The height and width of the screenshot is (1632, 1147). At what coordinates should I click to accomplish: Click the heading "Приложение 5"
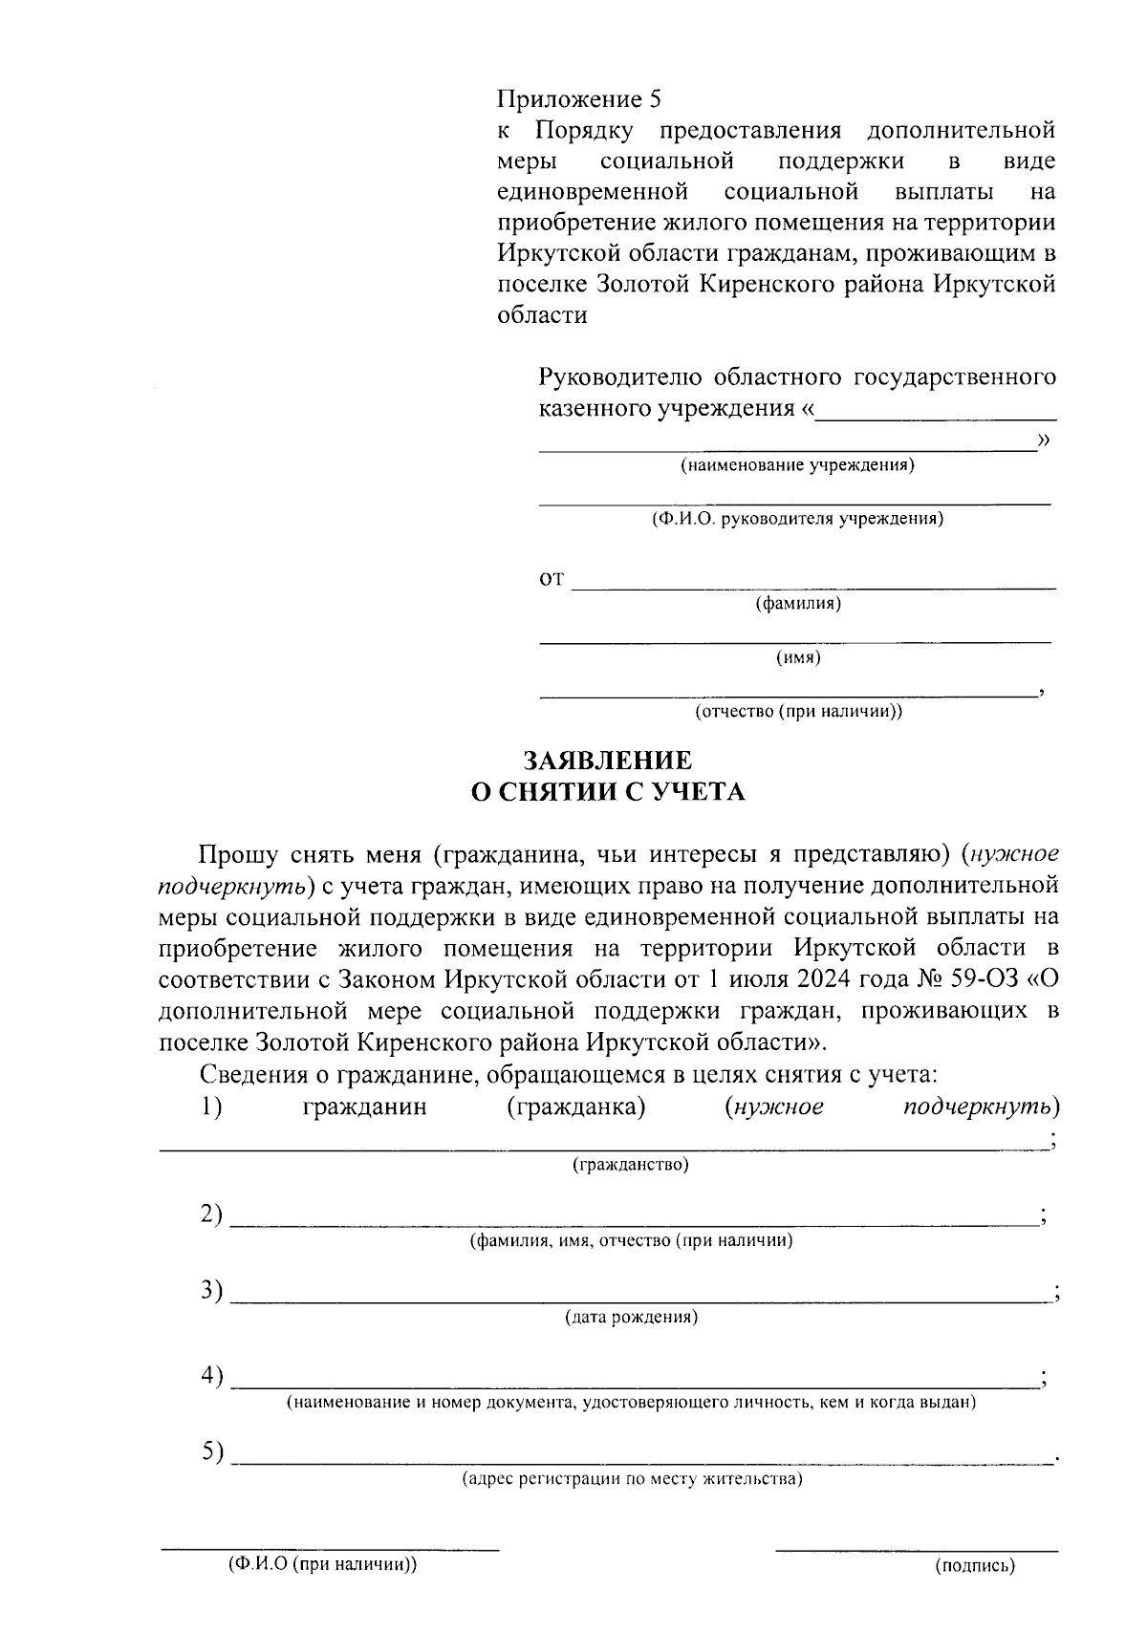[x=578, y=99]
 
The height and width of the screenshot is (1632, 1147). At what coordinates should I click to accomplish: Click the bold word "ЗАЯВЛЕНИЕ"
[x=608, y=761]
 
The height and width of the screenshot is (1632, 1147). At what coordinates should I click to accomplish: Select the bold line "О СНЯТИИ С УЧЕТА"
[x=608, y=792]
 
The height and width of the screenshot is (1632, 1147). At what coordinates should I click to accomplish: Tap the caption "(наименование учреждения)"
[x=797, y=466]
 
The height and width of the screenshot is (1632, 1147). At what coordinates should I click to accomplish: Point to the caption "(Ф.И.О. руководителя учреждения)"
[x=797, y=520]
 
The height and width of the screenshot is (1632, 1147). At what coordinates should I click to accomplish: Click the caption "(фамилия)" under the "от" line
[x=798, y=604]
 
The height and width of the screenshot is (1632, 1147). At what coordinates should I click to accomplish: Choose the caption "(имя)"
[x=798, y=657]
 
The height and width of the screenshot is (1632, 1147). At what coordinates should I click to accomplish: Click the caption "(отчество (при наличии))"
[x=798, y=712]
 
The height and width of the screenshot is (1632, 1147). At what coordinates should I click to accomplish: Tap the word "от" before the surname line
[x=552, y=579]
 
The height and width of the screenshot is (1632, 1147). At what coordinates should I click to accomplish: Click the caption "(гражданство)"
[x=630, y=1165]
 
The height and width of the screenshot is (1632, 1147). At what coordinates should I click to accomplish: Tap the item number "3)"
[x=211, y=1291]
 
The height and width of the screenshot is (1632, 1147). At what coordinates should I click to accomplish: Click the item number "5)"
[x=211, y=1452]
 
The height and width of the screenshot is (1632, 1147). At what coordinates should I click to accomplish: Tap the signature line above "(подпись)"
[x=916, y=1549]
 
